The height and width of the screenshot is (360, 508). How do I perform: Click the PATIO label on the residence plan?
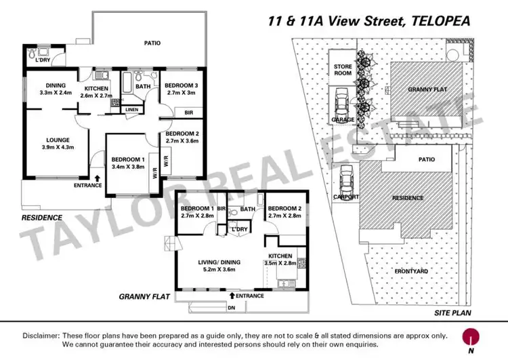152,43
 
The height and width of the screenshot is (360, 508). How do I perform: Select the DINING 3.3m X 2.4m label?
56,89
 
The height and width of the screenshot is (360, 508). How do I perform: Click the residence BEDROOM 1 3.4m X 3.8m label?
128,163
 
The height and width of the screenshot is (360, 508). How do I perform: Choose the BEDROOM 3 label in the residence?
180,88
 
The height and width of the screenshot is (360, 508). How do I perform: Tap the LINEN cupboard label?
131,109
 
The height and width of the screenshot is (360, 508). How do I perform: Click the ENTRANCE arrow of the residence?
99,179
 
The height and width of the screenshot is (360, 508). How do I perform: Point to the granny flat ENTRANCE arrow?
232,295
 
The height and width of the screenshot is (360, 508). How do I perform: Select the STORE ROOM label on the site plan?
343,69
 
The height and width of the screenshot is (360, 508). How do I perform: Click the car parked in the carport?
347,180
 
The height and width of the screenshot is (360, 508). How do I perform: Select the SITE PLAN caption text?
452,313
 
